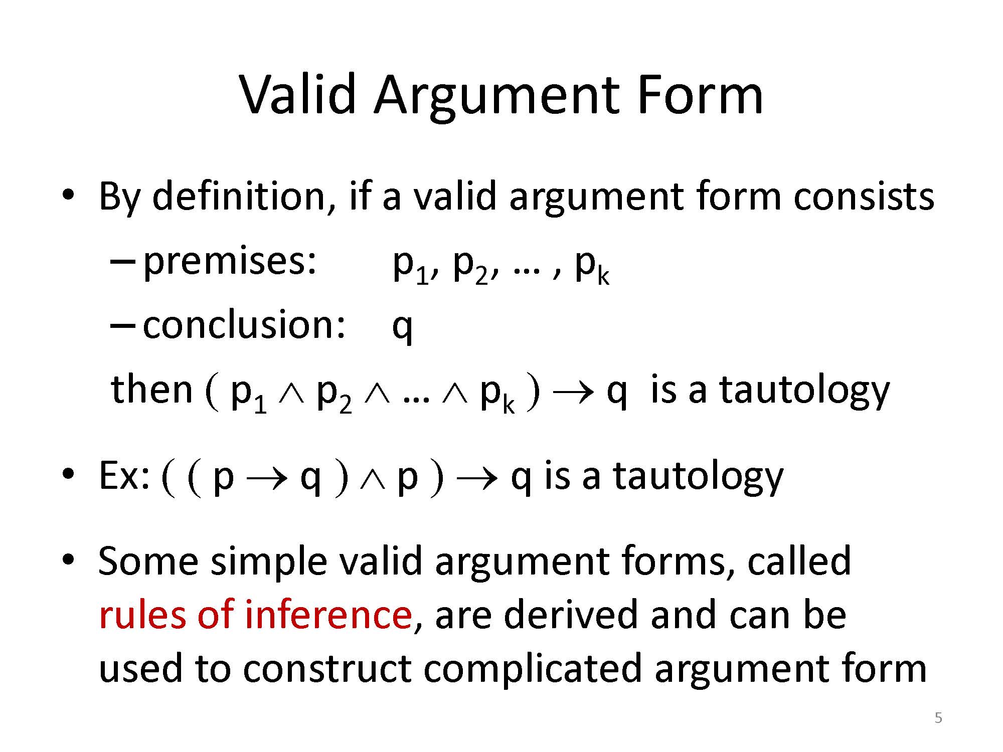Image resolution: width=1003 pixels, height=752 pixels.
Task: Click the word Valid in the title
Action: [299, 94]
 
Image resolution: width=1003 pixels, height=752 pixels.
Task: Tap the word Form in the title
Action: [700, 94]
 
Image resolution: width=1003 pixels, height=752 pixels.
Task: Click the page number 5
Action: [938, 718]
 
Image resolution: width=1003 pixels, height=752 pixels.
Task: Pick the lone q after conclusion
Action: [402, 329]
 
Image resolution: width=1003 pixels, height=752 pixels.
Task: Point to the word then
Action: [152, 390]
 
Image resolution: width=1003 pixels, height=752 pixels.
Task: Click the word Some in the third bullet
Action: [148, 561]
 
